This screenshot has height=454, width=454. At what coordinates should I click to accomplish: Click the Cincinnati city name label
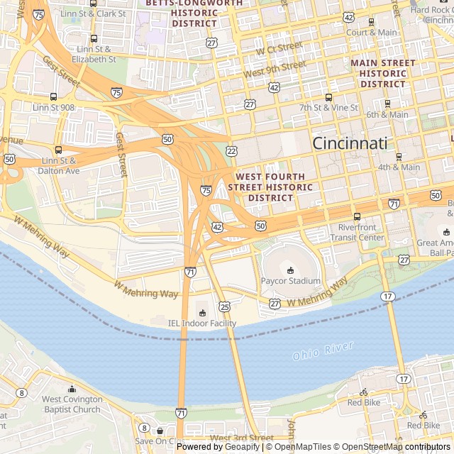click(x=350, y=143)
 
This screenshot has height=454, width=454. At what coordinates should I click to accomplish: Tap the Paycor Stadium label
click(x=291, y=281)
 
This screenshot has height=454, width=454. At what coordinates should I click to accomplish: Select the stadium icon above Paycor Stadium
click(x=290, y=270)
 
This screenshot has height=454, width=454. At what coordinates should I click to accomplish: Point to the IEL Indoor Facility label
click(x=202, y=323)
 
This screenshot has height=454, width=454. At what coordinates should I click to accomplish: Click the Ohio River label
click(x=323, y=350)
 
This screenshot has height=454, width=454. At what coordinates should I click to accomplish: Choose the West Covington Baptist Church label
click(x=72, y=404)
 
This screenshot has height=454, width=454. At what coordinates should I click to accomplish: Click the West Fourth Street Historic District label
click(x=270, y=187)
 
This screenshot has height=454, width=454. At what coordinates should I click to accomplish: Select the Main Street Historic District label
click(x=383, y=74)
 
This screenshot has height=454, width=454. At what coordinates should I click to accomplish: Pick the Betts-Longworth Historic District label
click(x=194, y=13)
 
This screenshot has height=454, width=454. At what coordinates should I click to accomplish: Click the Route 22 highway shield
click(x=232, y=151)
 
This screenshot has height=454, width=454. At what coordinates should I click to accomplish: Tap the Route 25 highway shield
click(x=225, y=306)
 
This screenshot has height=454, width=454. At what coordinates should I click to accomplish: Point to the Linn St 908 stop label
click(x=53, y=107)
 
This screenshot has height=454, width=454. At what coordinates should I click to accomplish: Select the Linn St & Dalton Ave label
click(x=58, y=166)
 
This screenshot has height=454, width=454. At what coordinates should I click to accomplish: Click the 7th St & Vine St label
click(x=328, y=107)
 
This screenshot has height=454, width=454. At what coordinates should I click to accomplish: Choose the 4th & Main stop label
click(x=399, y=167)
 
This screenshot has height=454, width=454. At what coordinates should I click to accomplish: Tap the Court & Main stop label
click(x=372, y=33)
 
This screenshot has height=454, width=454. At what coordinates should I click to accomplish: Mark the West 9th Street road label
click(x=275, y=70)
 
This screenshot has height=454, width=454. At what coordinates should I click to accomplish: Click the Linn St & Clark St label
click(x=94, y=13)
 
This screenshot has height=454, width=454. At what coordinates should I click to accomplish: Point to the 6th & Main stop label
click(x=387, y=114)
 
